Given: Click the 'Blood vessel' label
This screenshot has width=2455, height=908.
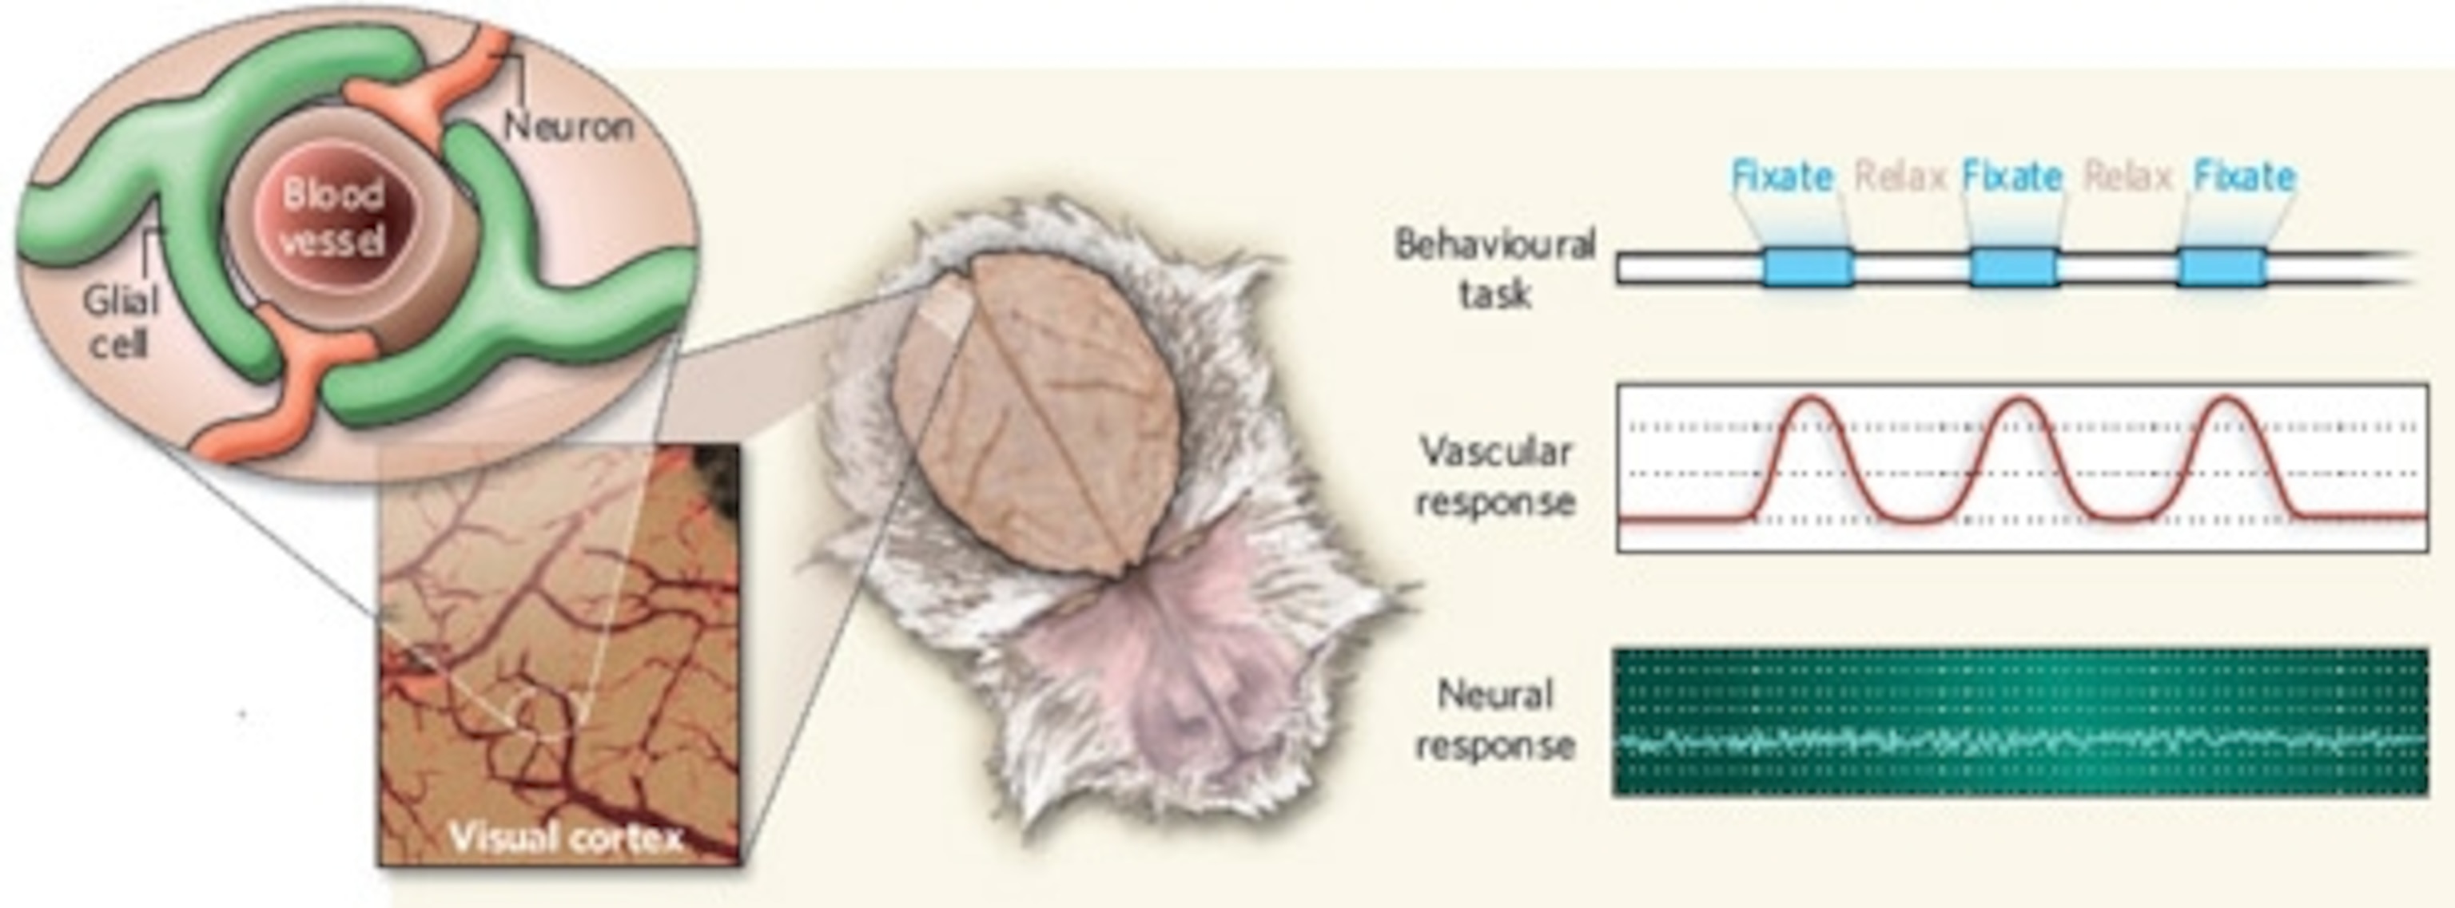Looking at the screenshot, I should tap(332, 218).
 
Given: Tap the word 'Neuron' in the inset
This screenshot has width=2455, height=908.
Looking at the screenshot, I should tap(568, 127).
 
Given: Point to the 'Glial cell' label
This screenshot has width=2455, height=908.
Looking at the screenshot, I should tap(120, 322).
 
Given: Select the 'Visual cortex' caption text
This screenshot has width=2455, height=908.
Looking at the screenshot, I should tap(566, 838).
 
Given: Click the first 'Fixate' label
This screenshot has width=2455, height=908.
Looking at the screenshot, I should tap(1781, 177).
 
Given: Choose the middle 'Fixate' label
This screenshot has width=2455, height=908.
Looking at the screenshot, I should tap(2011, 177).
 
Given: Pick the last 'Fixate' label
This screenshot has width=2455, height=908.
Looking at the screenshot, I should tap(2243, 177).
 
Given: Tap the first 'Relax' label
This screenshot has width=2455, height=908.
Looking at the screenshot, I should tap(1900, 177).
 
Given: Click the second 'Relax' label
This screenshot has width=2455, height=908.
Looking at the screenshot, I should tap(2128, 177).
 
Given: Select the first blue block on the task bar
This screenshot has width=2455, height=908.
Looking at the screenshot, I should tap(1807, 268).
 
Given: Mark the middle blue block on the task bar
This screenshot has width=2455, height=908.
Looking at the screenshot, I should tap(2013, 268).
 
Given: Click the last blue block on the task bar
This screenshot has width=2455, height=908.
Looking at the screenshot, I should tap(2221, 268).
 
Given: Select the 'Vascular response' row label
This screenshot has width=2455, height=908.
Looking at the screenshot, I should tap(1494, 475).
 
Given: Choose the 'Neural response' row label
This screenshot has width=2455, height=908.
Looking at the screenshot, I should tap(1494, 720).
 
